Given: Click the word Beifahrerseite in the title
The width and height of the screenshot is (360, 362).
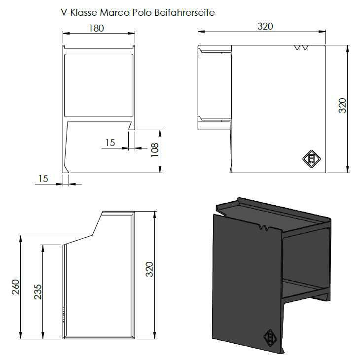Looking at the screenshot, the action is [184, 12].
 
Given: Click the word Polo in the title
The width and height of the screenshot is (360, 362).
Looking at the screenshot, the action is [142, 12].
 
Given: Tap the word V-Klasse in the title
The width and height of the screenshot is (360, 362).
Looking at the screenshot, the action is [79, 12].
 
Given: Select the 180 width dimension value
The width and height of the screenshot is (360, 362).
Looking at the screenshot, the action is [97, 28].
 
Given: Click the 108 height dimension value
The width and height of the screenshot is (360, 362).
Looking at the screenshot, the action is [154, 150].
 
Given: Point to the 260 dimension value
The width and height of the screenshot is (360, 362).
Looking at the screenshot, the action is [15, 287].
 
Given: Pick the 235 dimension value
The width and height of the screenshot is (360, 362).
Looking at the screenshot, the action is [38, 292].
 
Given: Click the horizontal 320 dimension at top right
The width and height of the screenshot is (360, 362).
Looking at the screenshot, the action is [265, 26].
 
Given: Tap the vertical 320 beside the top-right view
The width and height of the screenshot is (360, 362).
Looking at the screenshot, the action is [342, 106].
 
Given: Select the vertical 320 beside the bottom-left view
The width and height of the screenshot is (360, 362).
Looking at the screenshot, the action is [149, 269].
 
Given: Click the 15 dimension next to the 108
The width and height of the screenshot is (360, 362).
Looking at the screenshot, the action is [110, 143].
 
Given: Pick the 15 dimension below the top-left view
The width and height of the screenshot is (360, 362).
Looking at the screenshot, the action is [43, 179].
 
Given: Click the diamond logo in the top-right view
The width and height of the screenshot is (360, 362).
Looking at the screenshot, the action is [312, 159].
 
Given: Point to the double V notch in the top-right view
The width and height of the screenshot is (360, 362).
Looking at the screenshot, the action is [301, 47].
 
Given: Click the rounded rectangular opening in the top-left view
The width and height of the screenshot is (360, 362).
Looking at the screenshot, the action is [99, 85].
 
